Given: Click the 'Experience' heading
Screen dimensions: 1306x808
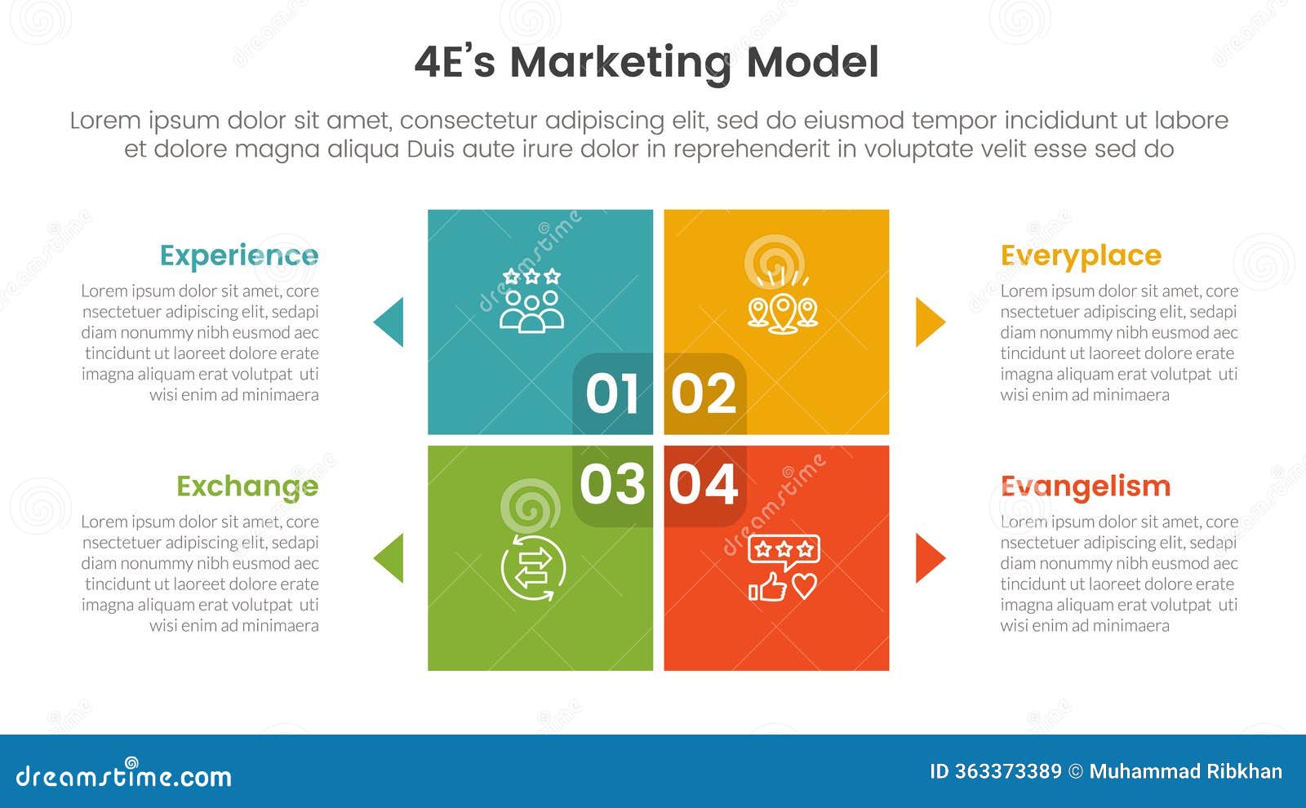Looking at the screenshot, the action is [239, 255].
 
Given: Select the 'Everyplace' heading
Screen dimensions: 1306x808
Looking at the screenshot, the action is [1081, 256].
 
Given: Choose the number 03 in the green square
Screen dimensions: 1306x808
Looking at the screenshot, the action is [612, 484].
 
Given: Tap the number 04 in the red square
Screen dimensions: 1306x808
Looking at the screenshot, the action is [703, 484].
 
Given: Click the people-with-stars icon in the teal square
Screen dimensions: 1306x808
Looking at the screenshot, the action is [531, 300].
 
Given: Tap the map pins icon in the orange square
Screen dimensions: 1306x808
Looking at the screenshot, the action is [783, 301].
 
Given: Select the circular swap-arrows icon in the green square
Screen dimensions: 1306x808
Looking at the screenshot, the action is [533, 568].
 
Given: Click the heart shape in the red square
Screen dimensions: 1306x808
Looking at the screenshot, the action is [805, 586].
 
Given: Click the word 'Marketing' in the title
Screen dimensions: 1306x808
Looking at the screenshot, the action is [620, 63].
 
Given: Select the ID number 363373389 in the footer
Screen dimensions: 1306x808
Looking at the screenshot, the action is [1007, 771].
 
